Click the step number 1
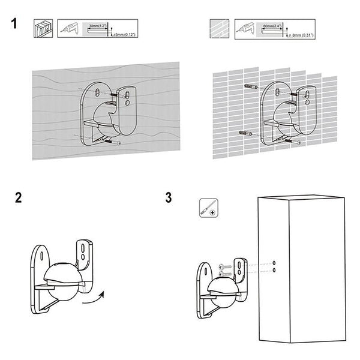(14, 25)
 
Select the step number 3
(169, 199)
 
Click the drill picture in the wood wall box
(71, 28)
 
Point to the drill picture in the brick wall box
(246, 28)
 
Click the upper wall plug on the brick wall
(250, 88)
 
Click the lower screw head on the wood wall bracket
(120, 143)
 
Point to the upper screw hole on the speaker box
(274, 263)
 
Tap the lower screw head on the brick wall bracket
(298, 142)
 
